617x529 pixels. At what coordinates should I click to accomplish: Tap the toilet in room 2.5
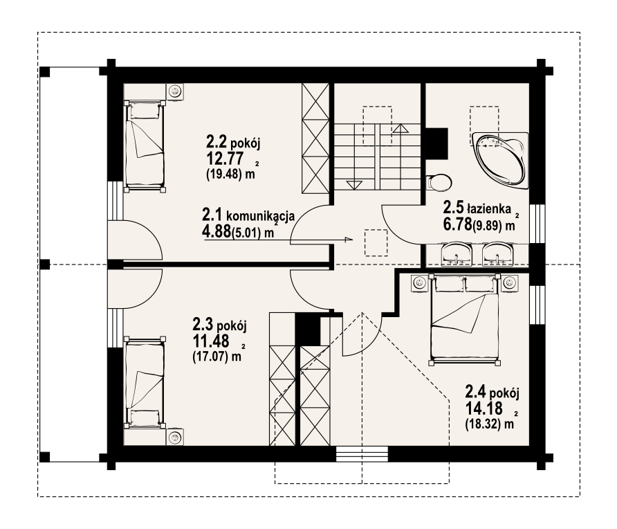(439, 182)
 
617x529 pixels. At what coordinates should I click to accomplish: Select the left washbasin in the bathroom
(457, 253)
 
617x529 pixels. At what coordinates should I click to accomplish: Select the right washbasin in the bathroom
(498, 253)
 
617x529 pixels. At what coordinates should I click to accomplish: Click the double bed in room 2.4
(466, 319)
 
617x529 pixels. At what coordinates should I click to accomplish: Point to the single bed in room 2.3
(145, 382)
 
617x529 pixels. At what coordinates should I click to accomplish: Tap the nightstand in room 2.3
(174, 437)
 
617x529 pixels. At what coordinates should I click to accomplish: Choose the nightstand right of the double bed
(510, 283)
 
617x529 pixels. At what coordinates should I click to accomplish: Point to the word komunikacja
(261, 216)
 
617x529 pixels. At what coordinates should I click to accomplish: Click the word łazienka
(489, 208)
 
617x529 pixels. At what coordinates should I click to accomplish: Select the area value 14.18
(484, 409)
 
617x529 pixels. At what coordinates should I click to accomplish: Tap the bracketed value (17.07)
(210, 357)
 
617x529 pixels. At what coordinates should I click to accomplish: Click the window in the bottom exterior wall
(362, 454)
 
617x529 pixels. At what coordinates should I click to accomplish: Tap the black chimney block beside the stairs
(436, 143)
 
